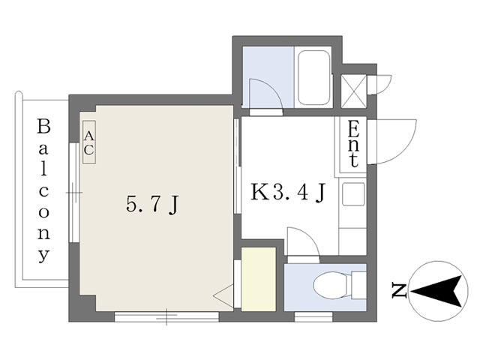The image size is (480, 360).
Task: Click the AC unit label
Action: coord(88,142)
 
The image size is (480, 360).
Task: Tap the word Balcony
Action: coord(44,190)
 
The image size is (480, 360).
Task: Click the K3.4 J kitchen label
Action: coord(287,193)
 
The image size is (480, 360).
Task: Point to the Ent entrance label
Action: coord(353,144)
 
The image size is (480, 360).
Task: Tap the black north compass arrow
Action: coord(438,289)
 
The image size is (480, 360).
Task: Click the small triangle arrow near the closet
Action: coord(224,297)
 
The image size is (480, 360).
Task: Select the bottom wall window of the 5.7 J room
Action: coord(166,316)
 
